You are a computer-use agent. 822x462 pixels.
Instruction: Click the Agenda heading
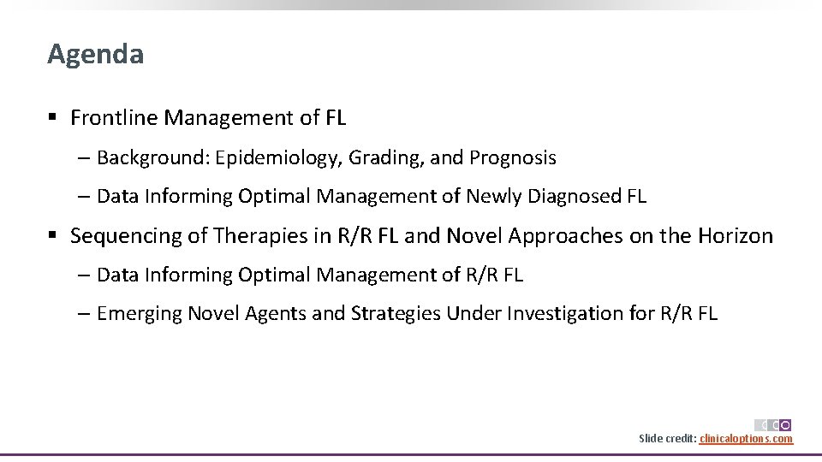95,55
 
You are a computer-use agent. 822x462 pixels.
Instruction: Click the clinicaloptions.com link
746,439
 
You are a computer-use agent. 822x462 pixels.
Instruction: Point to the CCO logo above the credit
772,424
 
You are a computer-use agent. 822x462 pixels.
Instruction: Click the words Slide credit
667,439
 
